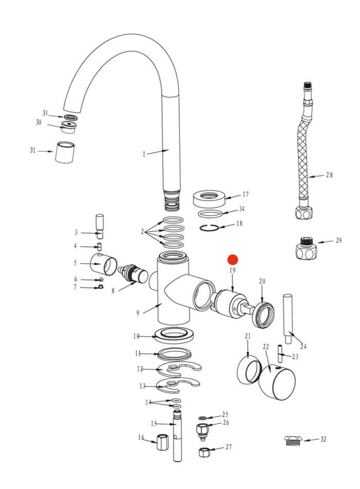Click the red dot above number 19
click(233, 260)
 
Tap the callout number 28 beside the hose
click(330, 175)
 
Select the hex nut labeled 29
click(305, 248)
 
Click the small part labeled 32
click(293, 441)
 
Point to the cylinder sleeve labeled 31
click(65, 152)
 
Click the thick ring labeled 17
click(209, 198)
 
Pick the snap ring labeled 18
click(209, 228)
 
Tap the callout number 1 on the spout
click(144, 154)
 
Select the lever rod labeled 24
click(288, 319)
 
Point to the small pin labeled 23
click(280, 354)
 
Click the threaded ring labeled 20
click(264, 315)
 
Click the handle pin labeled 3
click(100, 226)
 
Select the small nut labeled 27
click(204, 452)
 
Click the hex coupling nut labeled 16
click(163, 442)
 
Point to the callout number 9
click(138, 313)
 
